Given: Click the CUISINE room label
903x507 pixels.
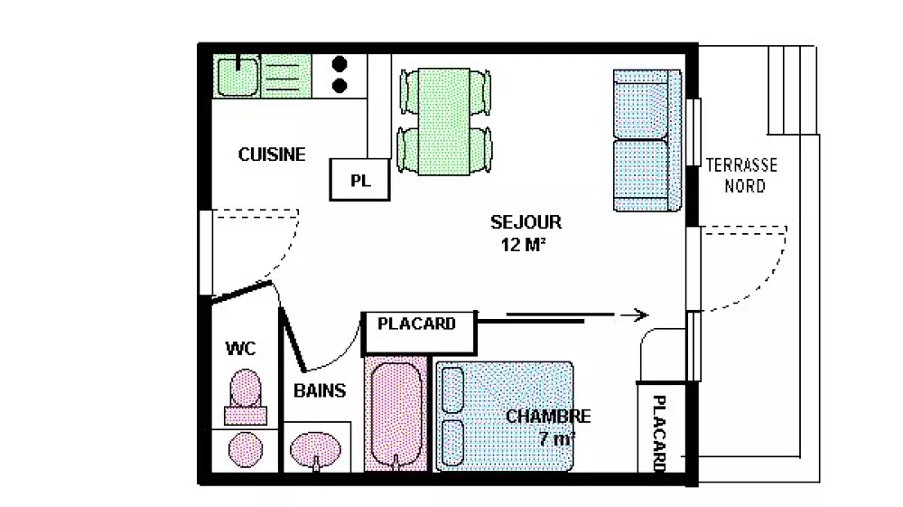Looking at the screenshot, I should pos(272,155).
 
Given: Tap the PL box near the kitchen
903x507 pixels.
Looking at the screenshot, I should pos(360,179).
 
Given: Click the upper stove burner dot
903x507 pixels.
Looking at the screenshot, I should pos(340,64).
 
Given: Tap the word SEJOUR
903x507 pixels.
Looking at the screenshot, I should pos(526,221).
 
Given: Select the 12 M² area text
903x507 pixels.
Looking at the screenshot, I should pos(524,244).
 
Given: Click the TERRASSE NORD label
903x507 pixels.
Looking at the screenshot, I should pos(741,175).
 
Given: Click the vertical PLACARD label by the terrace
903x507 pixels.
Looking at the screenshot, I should pos(659,432).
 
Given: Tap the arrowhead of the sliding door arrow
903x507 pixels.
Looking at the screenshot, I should pos(641,315).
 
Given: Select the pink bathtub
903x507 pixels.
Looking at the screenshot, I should pos(395,412).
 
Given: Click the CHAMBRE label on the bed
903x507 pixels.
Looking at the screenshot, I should pos(548,417).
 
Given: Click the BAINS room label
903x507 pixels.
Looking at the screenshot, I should pos(320,391).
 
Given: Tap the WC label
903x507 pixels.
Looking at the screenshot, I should pos(239,348).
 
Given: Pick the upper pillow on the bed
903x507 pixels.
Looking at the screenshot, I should pos(451,390).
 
